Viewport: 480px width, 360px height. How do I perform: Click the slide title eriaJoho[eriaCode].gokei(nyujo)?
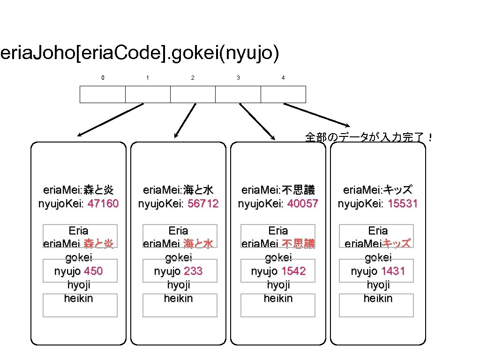[x=140, y=54]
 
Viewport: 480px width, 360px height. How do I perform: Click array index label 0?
[x=103, y=78]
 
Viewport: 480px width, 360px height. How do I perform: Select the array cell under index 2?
[x=193, y=94]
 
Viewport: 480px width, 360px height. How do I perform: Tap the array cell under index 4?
[x=283, y=94]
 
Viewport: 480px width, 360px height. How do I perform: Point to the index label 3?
[x=238, y=78]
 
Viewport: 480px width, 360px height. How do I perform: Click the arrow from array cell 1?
[x=110, y=120]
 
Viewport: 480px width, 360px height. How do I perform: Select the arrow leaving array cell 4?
[x=316, y=115]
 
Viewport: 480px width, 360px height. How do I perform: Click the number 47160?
[x=103, y=204]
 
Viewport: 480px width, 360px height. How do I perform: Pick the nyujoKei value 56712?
[x=203, y=204]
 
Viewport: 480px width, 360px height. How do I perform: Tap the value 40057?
[x=303, y=204]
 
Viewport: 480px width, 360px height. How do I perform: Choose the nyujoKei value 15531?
[x=403, y=204]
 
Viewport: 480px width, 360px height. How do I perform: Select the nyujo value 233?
[x=193, y=271]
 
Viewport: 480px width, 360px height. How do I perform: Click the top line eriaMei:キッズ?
[x=378, y=190]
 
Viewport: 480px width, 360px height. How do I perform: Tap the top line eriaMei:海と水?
[x=178, y=190]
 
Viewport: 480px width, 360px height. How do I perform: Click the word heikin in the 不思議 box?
[x=278, y=299]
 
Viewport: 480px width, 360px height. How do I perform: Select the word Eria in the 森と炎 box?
[x=78, y=231]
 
